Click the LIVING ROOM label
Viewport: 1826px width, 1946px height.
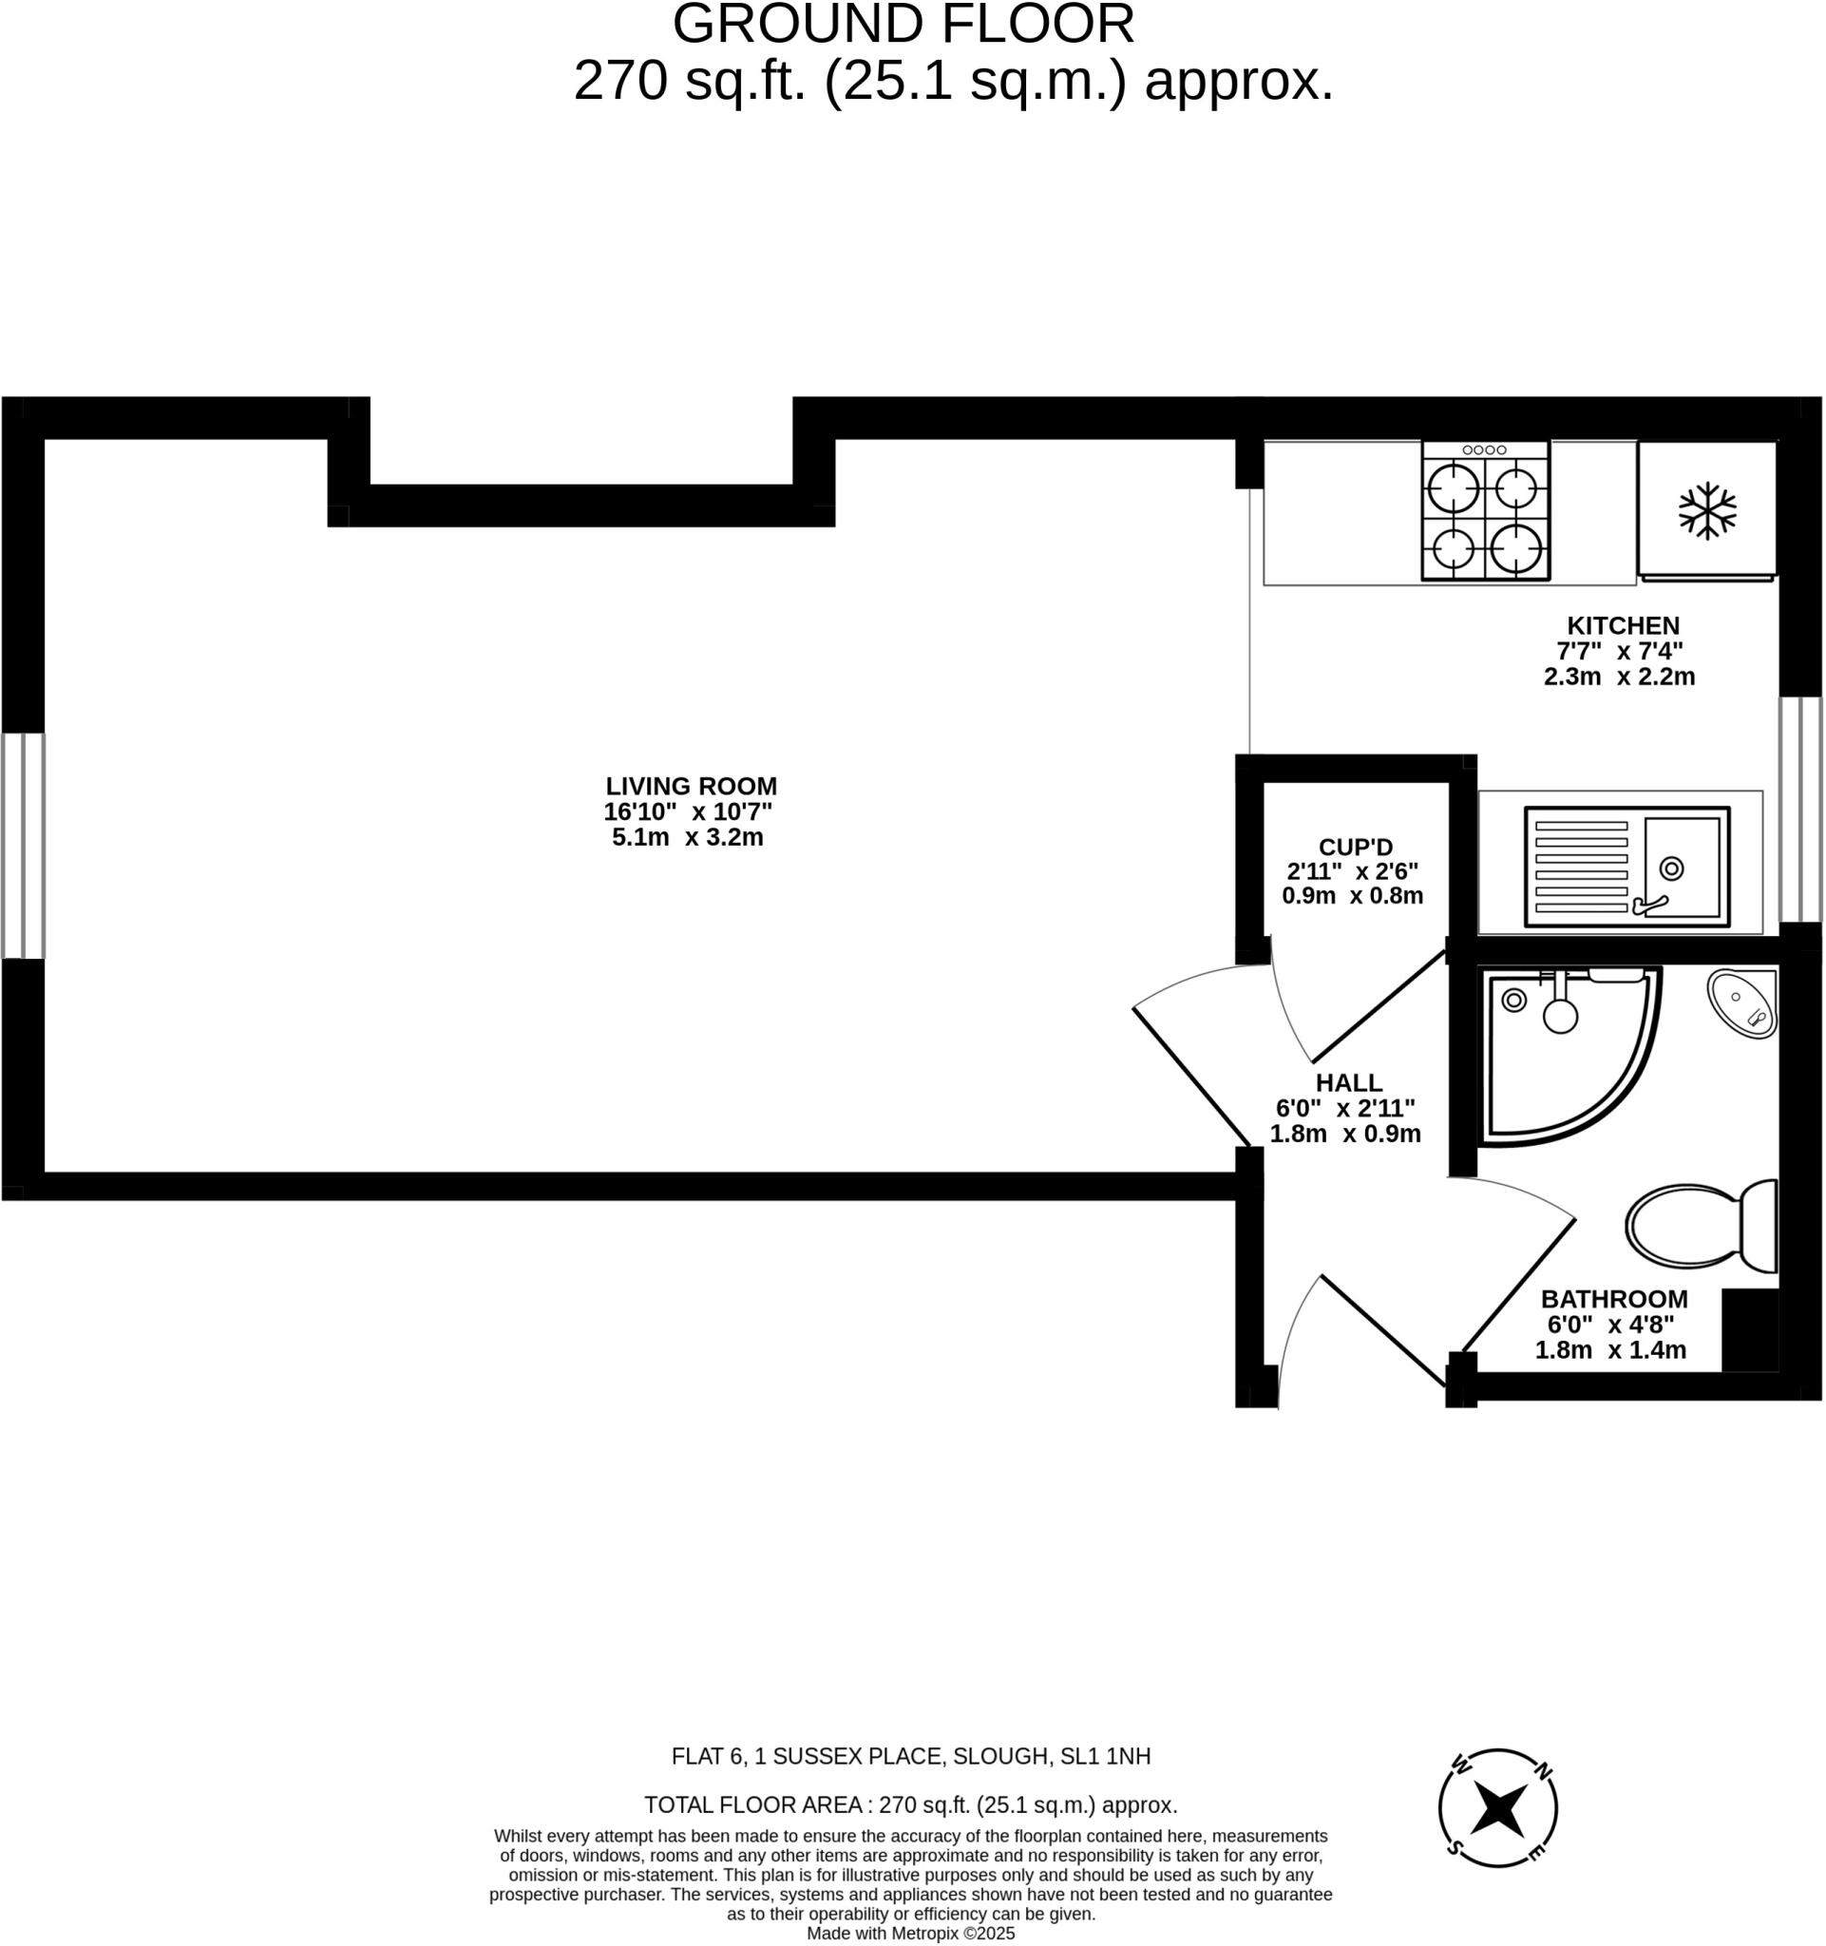pos(691,786)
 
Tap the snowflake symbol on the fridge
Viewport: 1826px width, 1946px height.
pos(1706,510)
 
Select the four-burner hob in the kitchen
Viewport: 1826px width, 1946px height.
pos(1486,511)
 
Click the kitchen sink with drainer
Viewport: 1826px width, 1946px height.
pos(1626,867)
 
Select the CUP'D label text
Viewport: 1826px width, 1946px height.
pos(1355,847)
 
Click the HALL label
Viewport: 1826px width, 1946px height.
pos(1348,1082)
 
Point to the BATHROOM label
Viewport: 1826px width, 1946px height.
pos(1613,1299)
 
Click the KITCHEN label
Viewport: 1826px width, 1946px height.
pos(1623,625)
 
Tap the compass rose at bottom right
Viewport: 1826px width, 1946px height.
pos(1497,1809)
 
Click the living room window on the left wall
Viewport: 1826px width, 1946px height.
pos(23,846)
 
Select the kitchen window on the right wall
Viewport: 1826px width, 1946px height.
pos(1799,810)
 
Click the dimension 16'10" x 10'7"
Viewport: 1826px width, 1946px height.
pos(688,811)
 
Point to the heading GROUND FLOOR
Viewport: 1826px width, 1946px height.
pos(903,24)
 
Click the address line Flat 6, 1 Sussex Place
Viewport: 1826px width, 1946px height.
pos(910,1756)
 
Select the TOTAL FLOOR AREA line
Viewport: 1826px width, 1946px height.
pos(910,1805)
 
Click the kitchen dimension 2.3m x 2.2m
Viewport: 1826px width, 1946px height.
pos(1619,677)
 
